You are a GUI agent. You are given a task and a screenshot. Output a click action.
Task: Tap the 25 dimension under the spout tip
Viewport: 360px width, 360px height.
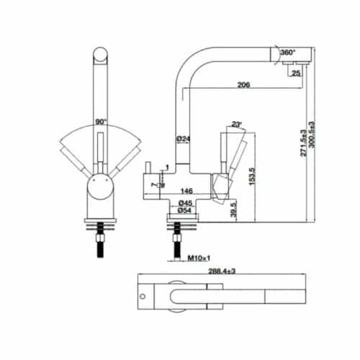pos(297,73)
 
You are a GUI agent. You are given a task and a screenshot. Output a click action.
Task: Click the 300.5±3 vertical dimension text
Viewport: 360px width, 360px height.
pos(313,136)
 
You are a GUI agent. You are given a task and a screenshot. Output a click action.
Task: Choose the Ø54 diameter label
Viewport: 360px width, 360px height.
pos(185,211)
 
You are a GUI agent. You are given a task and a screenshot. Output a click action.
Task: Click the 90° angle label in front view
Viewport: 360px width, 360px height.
pos(102,123)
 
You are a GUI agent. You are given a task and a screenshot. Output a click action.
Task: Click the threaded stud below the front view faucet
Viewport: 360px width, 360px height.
pos(102,245)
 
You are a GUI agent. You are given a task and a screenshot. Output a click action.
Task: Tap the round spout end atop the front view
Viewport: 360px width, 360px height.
pos(102,55)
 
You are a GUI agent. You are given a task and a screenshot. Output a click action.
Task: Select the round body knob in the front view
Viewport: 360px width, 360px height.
pos(102,191)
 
